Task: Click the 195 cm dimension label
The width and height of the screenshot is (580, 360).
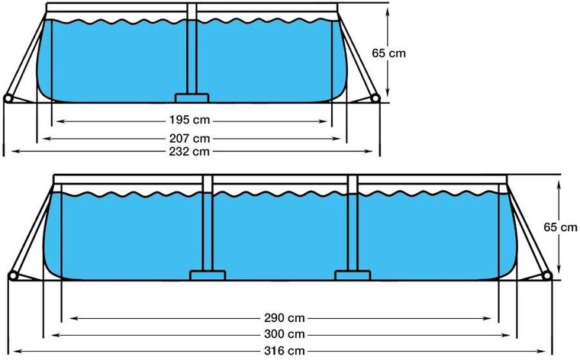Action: click(x=189, y=120)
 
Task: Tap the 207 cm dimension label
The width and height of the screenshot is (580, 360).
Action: click(x=189, y=139)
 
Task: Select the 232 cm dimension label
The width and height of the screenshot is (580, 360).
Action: click(x=189, y=152)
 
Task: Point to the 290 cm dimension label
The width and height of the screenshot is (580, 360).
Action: click(x=285, y=318)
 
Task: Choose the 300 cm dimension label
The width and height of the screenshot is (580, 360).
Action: click(x=285, y=335)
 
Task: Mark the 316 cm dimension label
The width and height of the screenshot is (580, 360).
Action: click(x=285, y=351)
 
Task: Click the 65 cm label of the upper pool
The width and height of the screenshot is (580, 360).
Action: click(x=388, y=53)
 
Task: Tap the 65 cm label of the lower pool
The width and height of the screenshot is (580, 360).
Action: click(x=560, y=227)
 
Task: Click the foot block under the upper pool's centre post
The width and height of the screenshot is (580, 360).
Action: click(x=192, y=98)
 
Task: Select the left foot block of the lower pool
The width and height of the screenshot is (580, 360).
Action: click(x=208, y=275)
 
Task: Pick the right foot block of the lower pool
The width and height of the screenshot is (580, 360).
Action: click(x=353, y=275)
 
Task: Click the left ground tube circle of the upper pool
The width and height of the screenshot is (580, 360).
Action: click(x=8, y=98)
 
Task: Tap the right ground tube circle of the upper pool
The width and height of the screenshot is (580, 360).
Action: click(x=375, y=98)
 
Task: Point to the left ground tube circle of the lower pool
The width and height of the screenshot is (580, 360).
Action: click(x=13, y=276)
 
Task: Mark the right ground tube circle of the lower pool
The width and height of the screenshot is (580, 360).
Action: click(x=547, y=276)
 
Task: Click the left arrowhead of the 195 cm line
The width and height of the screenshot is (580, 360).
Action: click(x=60, y=121)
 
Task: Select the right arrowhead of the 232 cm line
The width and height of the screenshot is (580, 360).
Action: click(x=369, y=151)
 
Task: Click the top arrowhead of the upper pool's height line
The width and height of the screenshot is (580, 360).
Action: click(x=387, y=11)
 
